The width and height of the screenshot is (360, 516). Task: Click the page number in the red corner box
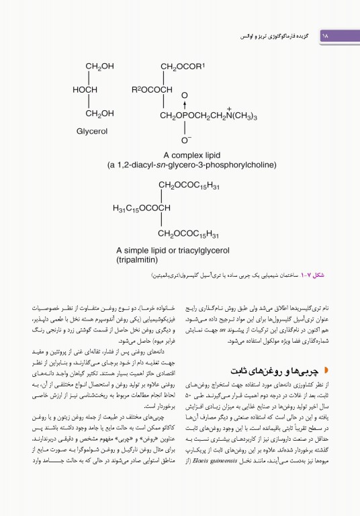point(327,33)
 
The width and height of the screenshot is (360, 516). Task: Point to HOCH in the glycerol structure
point(85,89)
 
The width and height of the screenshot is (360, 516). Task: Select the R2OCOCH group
point(152,89)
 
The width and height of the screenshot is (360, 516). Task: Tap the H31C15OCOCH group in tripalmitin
point(142,208)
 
